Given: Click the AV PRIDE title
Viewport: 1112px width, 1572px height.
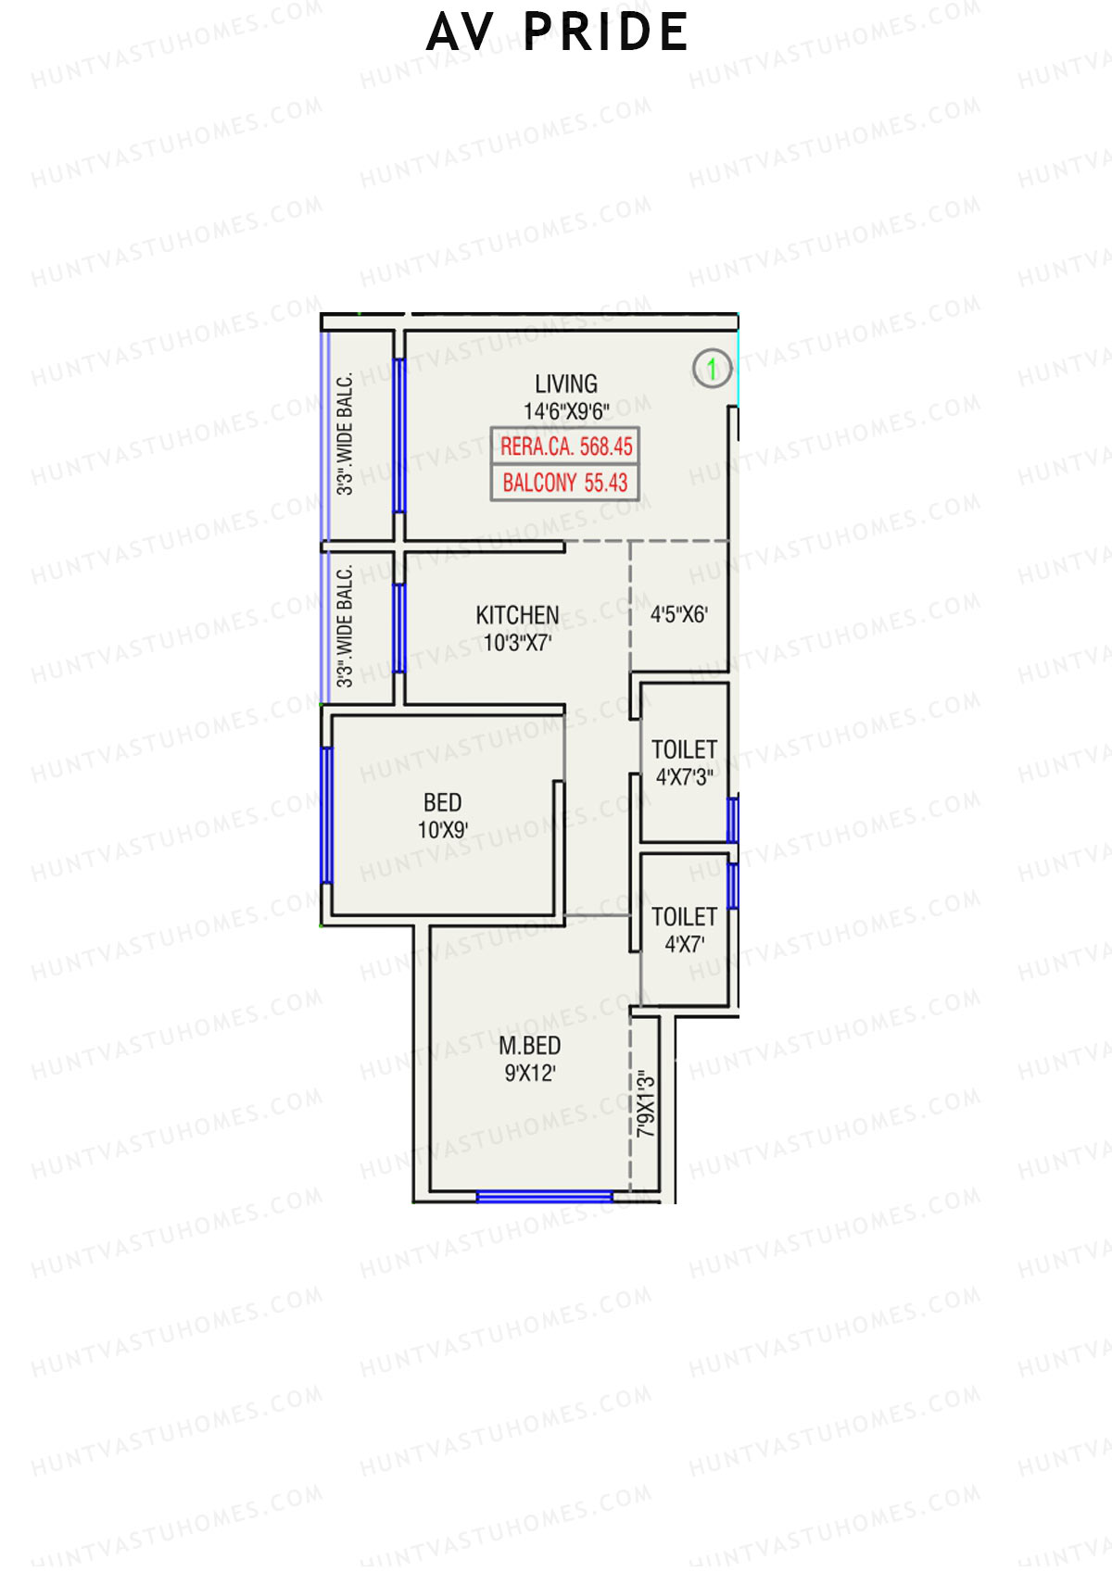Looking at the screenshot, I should (557, 32).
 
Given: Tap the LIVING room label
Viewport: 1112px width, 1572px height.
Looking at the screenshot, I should (565, 384).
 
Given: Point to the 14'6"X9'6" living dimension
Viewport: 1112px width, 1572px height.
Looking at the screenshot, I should (565, 410).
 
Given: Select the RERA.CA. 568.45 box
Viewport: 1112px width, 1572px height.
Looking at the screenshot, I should (565, 446).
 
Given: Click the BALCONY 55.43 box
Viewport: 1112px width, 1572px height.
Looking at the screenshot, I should (565, 483).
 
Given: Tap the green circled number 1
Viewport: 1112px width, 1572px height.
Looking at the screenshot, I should (712, 369).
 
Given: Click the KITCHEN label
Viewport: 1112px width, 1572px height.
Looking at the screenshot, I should (517, 615).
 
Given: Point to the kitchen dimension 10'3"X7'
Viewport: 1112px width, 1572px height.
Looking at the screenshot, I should (517, 642).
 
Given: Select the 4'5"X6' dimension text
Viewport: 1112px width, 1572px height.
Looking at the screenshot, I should (678, 614).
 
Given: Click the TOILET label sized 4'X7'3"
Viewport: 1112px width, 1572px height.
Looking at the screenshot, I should (684, 749).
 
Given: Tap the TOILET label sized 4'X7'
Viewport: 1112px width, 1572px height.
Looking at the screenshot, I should (684, 917).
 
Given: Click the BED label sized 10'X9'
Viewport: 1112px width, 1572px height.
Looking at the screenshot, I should (442, 802).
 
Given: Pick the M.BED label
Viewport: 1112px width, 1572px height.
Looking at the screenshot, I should (529, 1046).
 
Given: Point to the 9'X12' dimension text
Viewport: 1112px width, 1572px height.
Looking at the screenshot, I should (529, 1074).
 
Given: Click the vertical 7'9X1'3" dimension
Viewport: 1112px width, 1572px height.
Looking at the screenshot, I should (646, 1104).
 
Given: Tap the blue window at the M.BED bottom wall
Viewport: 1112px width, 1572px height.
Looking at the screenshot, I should (544, 1197).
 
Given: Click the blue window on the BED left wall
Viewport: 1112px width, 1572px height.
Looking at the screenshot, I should (326, 815).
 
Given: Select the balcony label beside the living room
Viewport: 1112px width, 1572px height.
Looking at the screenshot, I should (345, 434).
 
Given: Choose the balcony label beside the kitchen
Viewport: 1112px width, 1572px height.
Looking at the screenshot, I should (345, 626).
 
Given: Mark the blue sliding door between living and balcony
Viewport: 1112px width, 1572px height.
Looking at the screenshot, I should (399, 435).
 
